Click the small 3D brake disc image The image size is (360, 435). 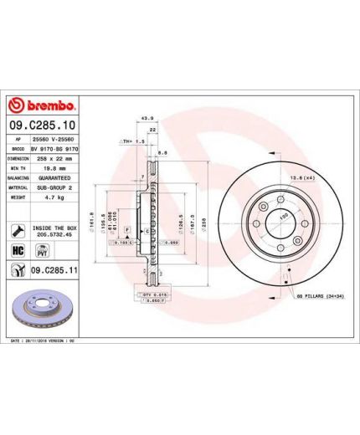pyautogui.click(x=42, y=309)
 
